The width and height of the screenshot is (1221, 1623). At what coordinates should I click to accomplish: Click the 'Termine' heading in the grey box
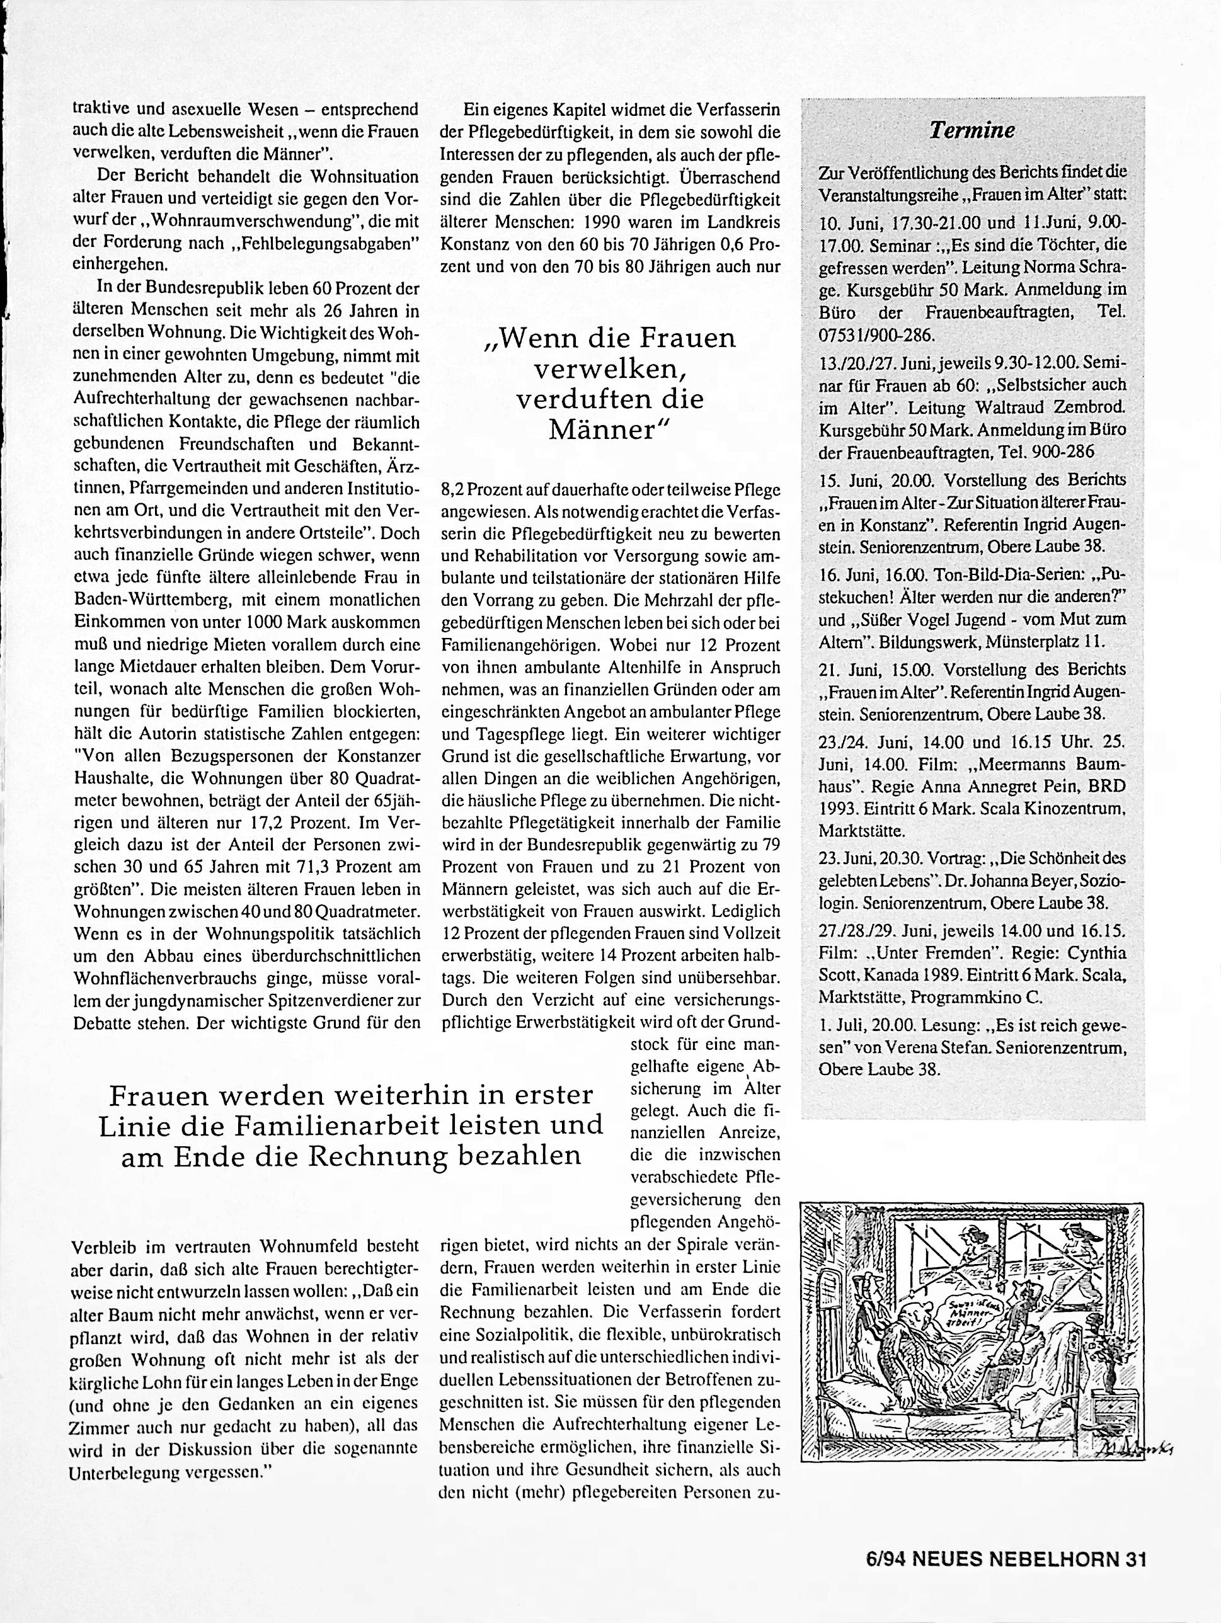point(972,130)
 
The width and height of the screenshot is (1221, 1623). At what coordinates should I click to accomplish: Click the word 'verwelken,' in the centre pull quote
point(610,369)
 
